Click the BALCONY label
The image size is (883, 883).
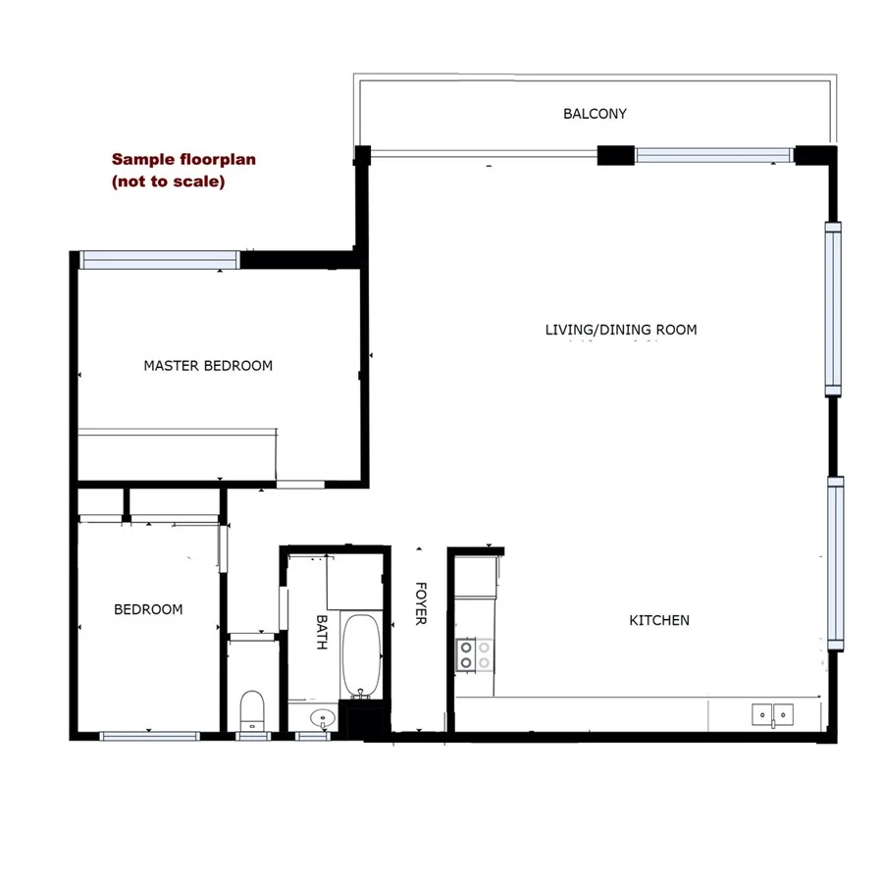click(595, 114)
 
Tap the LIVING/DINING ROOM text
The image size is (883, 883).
click(621, 330)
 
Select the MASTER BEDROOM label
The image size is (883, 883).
click(208, 366)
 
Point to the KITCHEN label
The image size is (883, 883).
click(659, 620)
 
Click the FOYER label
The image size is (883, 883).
click(421, 603)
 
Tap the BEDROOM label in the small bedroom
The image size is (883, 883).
click(148, 609)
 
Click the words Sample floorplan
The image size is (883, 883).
click(183, 159)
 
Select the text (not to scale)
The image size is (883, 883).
click(168, 182)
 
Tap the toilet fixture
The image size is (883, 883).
click(252, 708)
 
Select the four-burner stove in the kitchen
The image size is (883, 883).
click(474, 654)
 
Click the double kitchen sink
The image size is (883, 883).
click(773, 714)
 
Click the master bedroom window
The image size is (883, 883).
click(159, 259)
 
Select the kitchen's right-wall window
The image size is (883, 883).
click(835, 563)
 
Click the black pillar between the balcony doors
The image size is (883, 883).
click(616, 155)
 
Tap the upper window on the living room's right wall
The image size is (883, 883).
click(833, 308)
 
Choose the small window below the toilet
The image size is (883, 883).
click(253, 736)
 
